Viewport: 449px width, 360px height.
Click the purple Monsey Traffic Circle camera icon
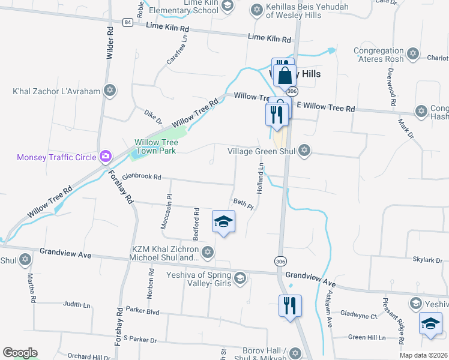[106, 157]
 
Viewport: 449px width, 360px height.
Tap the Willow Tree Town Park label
[155, 147]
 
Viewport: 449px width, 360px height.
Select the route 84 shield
[127, 22]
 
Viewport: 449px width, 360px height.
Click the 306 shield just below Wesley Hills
[292, 91]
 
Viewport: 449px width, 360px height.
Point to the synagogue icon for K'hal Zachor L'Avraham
[109, 91]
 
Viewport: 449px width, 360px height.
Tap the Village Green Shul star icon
[304, 150]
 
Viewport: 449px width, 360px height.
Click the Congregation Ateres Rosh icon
[412, 55]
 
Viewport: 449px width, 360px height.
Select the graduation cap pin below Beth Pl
[223, 222]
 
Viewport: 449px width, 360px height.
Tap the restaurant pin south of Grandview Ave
[290, 306]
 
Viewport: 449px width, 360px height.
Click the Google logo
[20, 353]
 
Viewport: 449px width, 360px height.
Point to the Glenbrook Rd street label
[142, 177]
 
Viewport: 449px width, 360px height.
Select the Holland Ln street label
[261, 180]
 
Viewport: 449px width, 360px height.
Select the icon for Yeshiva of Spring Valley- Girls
[240, 277]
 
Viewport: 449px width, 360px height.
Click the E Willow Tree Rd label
[326, 109]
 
